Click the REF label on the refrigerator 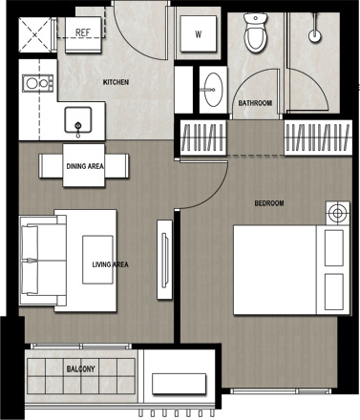(83, 32)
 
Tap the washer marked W (199, 33)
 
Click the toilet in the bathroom (255, 32)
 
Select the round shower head (314, 35)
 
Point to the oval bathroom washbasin (213, 90)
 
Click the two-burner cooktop (37, 84)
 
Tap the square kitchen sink (78, 119)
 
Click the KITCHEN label (116, 82)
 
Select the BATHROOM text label (255, 103)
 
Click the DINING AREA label (85, 166)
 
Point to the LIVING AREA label (111, 264)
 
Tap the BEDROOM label (269, 203)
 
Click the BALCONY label (81, 369)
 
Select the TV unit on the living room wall (164, 260)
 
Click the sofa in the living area (43, 261)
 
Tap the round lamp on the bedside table (337, 213)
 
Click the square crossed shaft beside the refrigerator (34, 34)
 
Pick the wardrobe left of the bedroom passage (203, 137)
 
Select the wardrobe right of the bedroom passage (318, 137)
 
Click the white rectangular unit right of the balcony (179, 384)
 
